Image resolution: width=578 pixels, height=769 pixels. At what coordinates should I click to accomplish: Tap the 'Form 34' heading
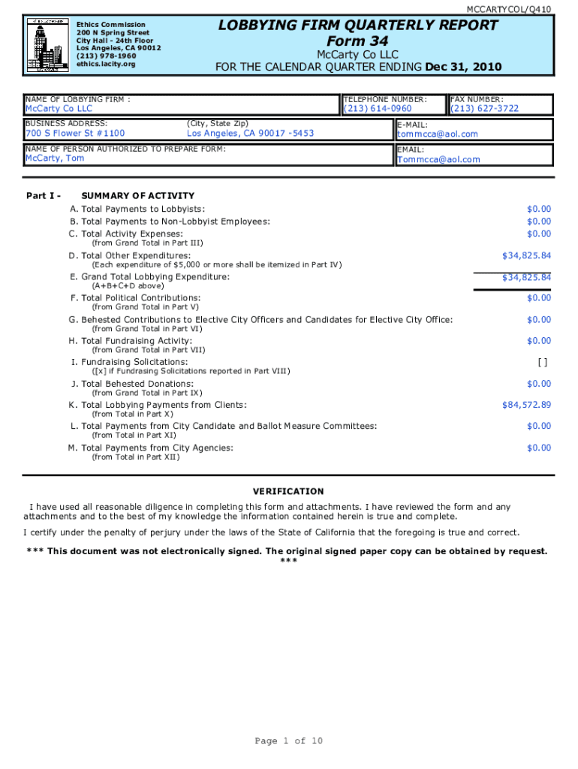pyautogui.click(x=357, y=41)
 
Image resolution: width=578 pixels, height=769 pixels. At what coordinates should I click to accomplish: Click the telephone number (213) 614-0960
pyautogui.click(x=378, y=109)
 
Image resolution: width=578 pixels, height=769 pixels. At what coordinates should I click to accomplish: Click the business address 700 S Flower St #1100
pyautogui.click(x=75, y=134)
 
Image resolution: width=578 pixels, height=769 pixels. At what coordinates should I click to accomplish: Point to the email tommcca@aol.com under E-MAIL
pyautogui.click(x=437, y=134)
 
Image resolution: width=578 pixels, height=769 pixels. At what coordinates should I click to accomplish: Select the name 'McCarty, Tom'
pyautogui.click(x=55, y=158)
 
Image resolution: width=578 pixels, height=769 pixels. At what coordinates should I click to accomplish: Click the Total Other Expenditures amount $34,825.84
pyautogui.click(x=526, y=256)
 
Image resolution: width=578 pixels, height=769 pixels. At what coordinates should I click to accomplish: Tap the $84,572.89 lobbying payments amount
pyautogui.click(x=526, y=405)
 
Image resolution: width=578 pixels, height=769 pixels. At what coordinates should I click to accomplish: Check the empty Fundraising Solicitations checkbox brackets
pyautogui.click(x=543, y=362)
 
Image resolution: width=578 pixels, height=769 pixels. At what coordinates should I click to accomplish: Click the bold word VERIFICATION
pyautogui.click(x=288, y=492)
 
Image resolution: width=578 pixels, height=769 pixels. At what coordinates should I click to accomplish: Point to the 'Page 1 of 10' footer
pyautogui.click(x=289, y=741)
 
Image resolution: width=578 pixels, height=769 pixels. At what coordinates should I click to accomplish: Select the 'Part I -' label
pyautogui.click(x=43, y=196)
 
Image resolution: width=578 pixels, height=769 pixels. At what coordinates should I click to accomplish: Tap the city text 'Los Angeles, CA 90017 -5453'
pyautogui.click(x=250, y=134)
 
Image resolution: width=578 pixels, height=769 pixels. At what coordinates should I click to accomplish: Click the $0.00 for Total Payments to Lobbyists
pyautogui.click(x=538, y=209)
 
